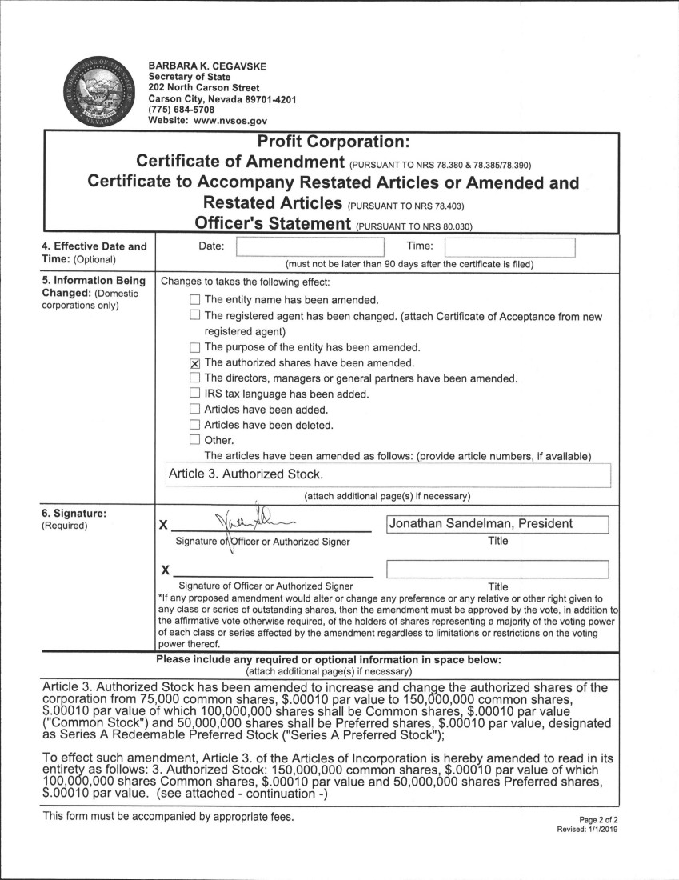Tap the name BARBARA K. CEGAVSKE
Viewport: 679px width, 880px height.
tap(206, 66)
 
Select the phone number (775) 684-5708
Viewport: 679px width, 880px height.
tap(182, 110)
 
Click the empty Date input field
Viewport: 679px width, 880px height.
tap(310, 246)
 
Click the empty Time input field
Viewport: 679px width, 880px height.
tap(509, 246)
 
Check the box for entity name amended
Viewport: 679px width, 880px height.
tap(195, 300)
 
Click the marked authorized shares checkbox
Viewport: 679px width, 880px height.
tap(195, 362)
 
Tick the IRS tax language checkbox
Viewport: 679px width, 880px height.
tap(195, 394)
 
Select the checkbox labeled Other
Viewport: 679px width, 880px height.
tap(195, 440)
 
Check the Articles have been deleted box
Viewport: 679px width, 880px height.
tap(195, 425)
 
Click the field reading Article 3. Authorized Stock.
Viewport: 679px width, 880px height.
tap(387, 474)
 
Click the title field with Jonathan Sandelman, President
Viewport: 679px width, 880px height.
tap(497, 525)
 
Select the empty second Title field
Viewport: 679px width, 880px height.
tap(497, 570)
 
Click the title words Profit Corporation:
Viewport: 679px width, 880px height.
tap(333, 142)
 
